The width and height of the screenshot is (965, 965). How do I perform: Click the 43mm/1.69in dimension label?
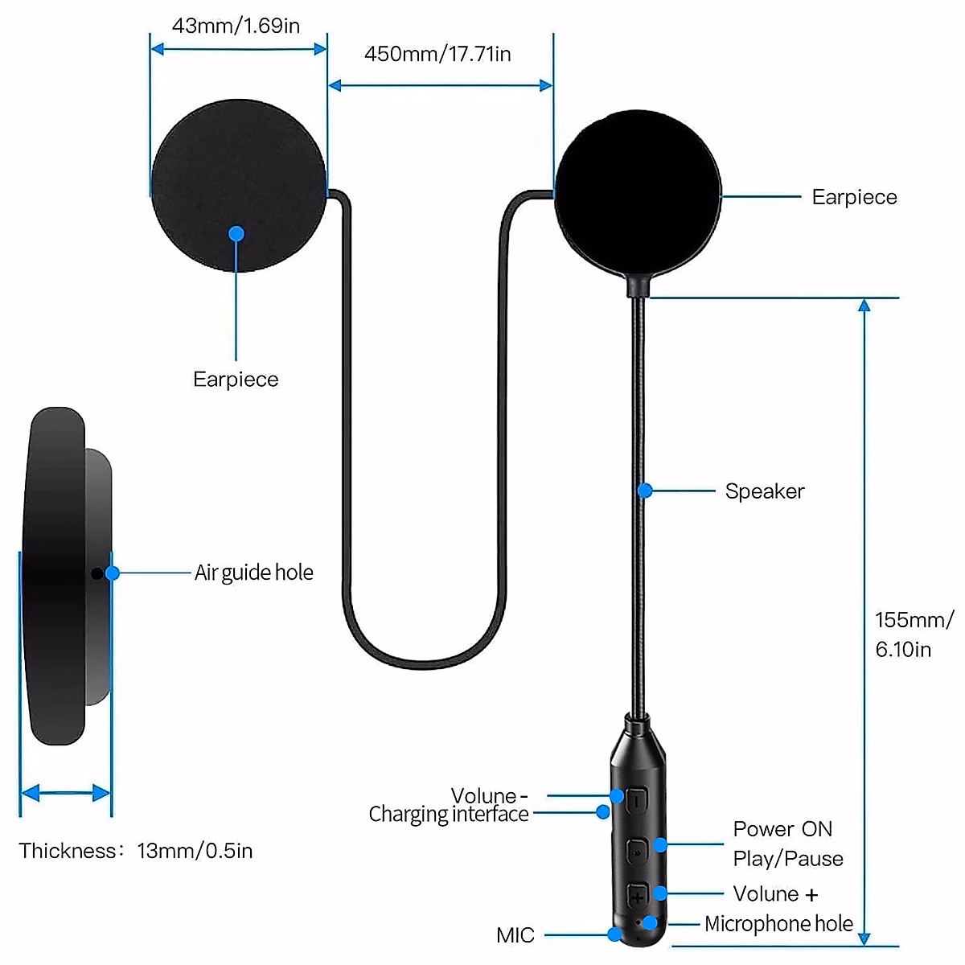click(x=236, y=26)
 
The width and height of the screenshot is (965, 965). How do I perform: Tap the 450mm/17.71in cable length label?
click(x=437, y=54)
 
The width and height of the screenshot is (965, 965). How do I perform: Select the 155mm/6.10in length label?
click(x=914, y=634)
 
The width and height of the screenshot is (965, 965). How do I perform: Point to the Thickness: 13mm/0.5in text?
click(x=136, y=851)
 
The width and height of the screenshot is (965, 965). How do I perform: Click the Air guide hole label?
click(x=253, y=573)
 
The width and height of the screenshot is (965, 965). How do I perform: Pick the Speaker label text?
click(x=764, y=491)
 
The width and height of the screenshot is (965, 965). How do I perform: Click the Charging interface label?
click(x=449, y=815)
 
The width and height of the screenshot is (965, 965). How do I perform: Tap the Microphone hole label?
click(x=778, y=924)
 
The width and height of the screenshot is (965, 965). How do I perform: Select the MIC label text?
click(x=515, y=935)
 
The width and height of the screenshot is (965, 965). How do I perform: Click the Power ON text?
click(x=782, y=829)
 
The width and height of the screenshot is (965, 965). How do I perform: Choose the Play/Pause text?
click(x=788, y=859)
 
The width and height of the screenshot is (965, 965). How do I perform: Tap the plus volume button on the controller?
click(x=637, y=896)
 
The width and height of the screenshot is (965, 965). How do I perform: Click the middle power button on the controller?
click(x=637, y=848)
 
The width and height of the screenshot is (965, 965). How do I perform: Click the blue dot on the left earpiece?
click(x=236, y=234)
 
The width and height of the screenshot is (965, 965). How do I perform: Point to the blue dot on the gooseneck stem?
click(x=645, y=490)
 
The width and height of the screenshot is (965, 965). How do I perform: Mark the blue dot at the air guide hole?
click(x=113, y=573)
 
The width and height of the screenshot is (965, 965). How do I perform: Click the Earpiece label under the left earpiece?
click(x=236, y=380)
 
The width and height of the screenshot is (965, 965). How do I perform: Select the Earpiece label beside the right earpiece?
click(x=854, y=197)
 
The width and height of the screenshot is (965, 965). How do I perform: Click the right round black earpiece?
click(x=637, y=193)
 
